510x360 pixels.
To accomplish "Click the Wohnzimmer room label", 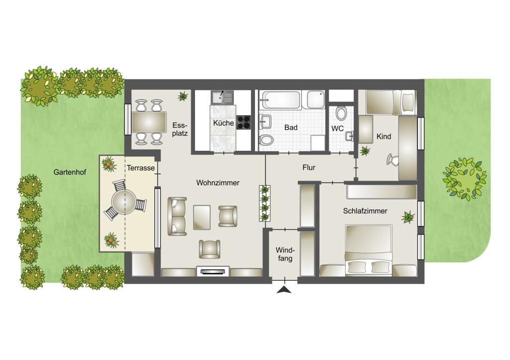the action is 218,183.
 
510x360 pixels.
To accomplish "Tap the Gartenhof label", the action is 70,172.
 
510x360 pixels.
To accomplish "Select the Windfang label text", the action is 285,254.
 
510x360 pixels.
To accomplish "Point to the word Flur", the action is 309,167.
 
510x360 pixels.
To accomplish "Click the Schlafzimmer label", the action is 365,211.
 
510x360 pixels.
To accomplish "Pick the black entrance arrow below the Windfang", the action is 284,290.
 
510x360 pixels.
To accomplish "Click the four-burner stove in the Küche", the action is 244,122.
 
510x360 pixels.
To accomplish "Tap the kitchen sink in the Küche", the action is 222,97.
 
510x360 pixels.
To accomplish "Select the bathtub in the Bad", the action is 281,100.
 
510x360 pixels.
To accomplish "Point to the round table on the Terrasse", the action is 124,202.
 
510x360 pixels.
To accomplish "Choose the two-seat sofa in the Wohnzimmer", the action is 177,216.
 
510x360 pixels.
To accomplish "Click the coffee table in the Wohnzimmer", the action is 202,217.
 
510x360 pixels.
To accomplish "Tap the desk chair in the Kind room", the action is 392,160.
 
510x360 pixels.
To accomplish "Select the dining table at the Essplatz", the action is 149,122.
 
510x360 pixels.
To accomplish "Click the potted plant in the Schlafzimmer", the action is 408,217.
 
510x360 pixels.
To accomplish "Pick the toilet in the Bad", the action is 266,140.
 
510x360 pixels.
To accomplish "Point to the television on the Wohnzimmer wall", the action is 213,271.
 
